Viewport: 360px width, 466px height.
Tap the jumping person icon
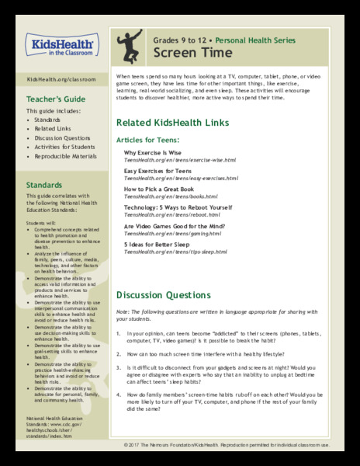(130, 47)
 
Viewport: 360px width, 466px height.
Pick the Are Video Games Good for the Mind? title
(176, 226)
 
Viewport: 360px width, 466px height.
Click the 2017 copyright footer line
(241, 445)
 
